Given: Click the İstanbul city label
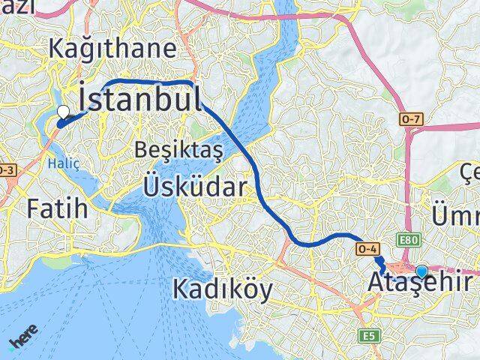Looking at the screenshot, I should (x=139, y=100).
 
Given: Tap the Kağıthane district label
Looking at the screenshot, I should (x=112, y=49).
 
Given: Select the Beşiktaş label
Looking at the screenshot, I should (x=178, y=150).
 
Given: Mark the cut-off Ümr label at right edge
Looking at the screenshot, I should (x=455, y=215).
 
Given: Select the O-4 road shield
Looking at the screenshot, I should (x=367, y=248).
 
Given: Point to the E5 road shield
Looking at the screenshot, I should (x=367, y=335).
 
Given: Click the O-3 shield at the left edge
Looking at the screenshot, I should (x=6, y=171).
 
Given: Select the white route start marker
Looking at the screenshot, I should (x=63, y=112).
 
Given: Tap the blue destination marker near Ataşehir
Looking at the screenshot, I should (x=422, y=271).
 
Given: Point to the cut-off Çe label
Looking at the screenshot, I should (x=470, y=175).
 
